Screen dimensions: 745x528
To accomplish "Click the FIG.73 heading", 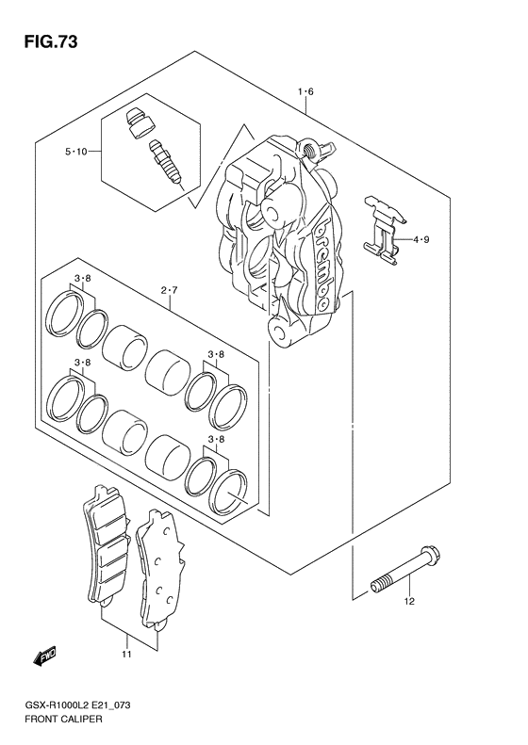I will [44, 41].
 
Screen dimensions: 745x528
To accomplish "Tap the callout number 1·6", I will [305, 91].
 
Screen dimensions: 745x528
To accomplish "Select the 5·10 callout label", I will [76, 152].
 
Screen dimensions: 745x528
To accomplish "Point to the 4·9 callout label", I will [421, 240].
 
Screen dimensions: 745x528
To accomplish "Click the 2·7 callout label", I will [169, 291].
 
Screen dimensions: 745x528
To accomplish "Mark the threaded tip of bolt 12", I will [380, 587].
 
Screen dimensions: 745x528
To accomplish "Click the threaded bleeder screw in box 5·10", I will [161, 162].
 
